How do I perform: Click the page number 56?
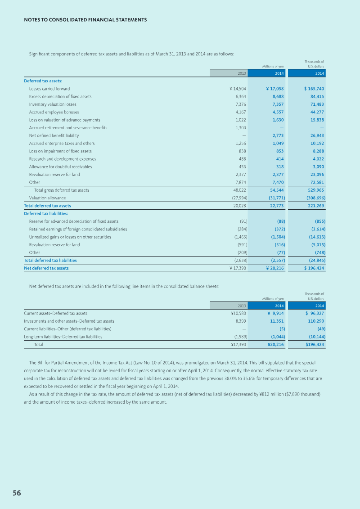17,493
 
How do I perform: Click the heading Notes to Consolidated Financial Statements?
85,20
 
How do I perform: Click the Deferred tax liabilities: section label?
46,213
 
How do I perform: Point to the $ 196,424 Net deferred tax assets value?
311,268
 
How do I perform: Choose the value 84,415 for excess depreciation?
317,96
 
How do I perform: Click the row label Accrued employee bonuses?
54,112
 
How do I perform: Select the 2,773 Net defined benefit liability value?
278,135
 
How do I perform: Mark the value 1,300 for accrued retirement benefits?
241,128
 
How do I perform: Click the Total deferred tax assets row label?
47,206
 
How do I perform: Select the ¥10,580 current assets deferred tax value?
238,313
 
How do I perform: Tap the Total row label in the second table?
39,344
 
